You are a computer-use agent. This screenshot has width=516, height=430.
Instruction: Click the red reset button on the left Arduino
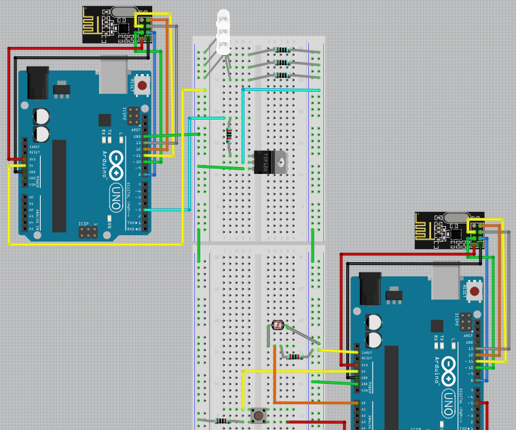(142, 85)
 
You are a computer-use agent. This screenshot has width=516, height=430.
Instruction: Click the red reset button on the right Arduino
(475, 291)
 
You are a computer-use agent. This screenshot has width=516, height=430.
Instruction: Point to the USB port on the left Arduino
(113, 74)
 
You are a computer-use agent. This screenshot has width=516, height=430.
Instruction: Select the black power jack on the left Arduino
(37, 82)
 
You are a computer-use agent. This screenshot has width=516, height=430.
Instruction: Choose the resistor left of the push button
(221, 420)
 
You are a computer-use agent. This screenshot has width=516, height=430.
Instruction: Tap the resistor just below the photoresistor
(295, 356)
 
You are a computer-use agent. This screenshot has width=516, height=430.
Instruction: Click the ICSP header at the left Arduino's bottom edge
(87, 232)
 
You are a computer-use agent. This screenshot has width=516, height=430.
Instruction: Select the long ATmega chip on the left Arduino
(60, 185)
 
